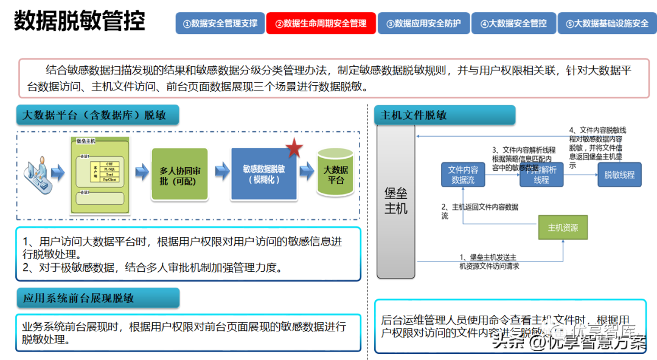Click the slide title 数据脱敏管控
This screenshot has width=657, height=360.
(80, 22)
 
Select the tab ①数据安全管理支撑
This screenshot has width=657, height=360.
(220, 23)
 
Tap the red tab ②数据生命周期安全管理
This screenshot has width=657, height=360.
(321, 23)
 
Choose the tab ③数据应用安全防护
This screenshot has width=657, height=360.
(423, 23)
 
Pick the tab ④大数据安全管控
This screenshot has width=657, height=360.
(513, 23)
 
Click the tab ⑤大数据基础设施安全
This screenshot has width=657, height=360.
(607, 23)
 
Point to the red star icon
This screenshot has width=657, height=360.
(294, 147)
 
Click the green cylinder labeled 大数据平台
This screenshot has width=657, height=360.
(335, 174)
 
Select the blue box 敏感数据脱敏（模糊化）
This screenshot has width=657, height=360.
(263, 174)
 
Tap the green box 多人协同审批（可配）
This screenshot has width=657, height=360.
(179, 175)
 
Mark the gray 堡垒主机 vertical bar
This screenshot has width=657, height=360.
(396, 201)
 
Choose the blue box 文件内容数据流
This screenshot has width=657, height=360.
(463, 175)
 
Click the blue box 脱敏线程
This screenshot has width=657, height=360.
(619, 175)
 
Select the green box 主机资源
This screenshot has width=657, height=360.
(563, 228)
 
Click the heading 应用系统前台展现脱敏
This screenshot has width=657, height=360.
(78, 298)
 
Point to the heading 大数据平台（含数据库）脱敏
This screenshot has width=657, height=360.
(94, 115)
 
